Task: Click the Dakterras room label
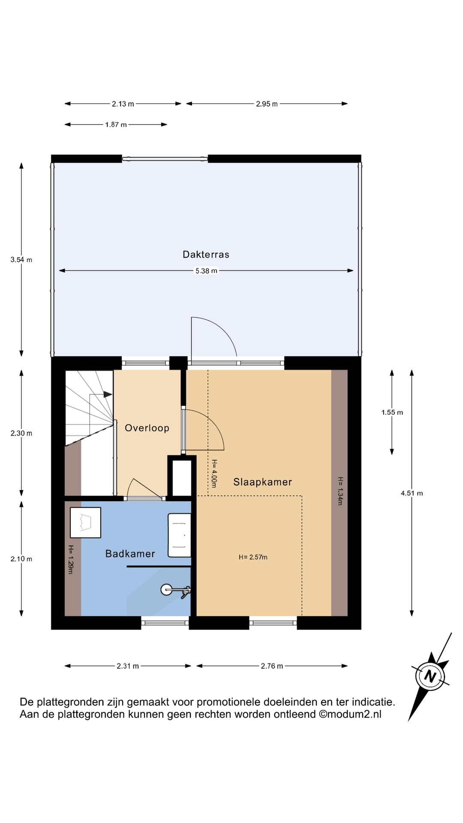click(206, 255)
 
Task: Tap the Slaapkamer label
click(262, 482)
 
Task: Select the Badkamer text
click(130, 554)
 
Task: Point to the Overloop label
click(147, 428)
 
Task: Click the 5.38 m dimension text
click(206, 271)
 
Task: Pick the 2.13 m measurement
click(123, 104)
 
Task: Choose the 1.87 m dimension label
click(116, 125)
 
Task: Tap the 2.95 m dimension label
click(267, 104)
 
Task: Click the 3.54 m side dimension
click(21, 260)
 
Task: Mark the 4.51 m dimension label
click(412, 493)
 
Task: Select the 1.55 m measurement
click(392, 412)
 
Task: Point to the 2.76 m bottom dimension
click(272, 666)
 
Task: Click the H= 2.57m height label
click(253, 557)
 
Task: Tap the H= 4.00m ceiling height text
click(214, 474)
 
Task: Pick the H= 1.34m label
click(340, 491)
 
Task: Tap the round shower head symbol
click(166, 590)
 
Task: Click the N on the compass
click(430, 676)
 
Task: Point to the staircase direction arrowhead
click(107, 394)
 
